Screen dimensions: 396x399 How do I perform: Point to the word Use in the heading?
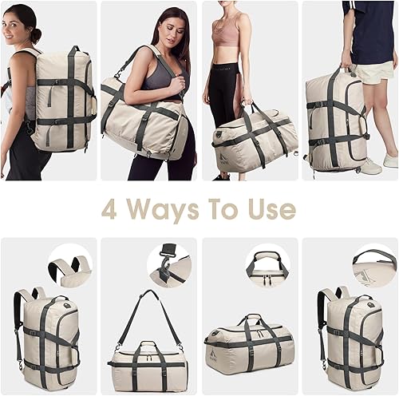tap(276, 209)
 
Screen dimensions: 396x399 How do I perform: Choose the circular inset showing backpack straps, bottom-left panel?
tap(70, 267)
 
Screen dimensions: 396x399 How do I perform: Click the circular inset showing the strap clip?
tap(169, 264)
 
